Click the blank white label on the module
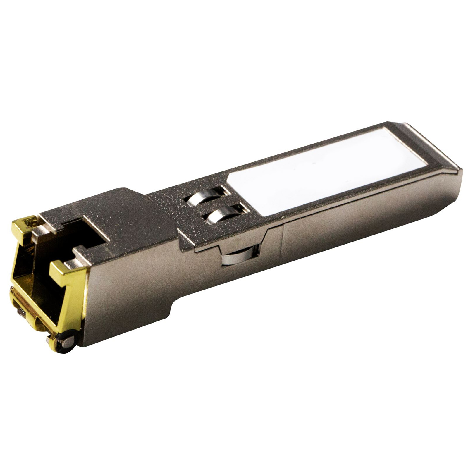[x=325, y=173]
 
